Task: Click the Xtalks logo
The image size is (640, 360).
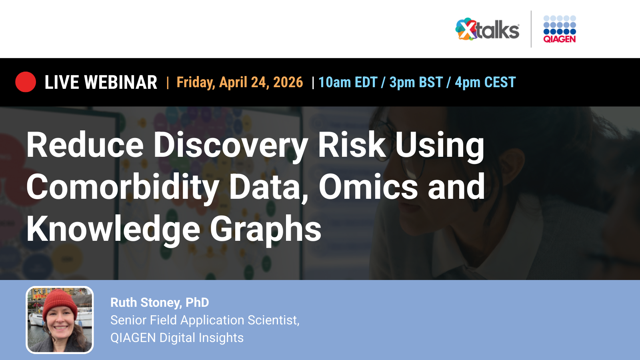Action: (487, 30)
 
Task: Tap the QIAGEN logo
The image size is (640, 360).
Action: (559, 30)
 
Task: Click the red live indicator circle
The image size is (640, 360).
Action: (26, 82)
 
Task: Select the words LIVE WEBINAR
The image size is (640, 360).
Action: (101, 82)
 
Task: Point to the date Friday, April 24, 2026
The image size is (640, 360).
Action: (240, 82)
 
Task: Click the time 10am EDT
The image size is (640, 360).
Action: (348, 82)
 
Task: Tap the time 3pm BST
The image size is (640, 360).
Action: (416, 82)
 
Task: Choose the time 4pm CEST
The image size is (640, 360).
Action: (485, 82)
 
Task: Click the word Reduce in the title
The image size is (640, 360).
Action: (85, 145)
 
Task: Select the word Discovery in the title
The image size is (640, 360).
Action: (231, 145)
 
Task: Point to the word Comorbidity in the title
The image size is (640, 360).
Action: (122, 187)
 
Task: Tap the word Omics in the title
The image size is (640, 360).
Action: (368, 187)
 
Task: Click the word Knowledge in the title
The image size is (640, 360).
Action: (113, 229)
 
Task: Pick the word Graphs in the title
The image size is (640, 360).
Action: (266, 229)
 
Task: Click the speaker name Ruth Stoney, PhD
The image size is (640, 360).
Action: (160, 302)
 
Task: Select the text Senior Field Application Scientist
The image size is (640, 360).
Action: (205, 320)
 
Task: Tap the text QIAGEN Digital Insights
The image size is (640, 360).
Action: (177, 338)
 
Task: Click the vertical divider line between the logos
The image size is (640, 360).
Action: (531, 29)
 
